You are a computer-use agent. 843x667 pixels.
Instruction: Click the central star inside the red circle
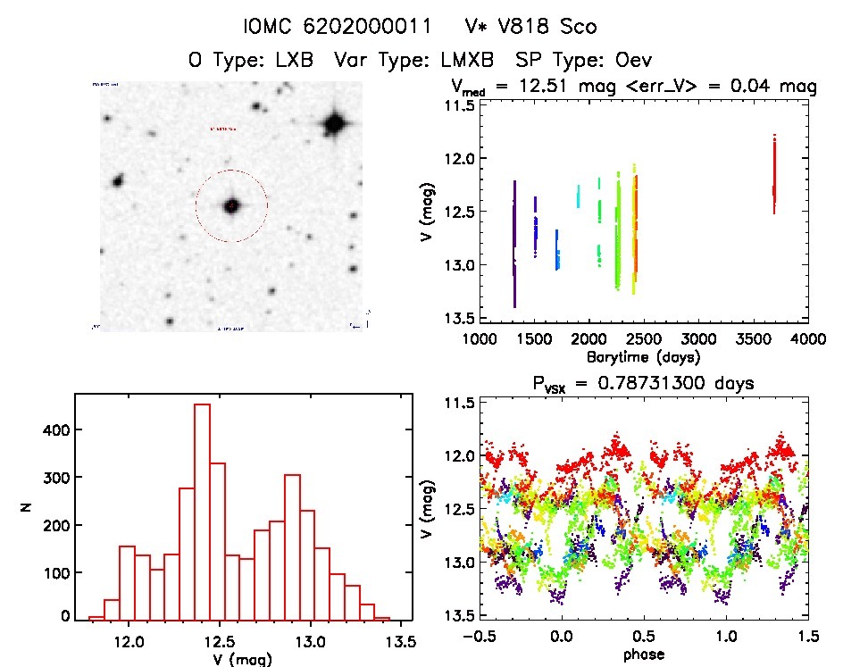click(x=231, y=205)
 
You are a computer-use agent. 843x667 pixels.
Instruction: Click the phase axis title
click(x=642, y=654)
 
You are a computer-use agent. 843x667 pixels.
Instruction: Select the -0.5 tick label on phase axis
click(x=480, y=637)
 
